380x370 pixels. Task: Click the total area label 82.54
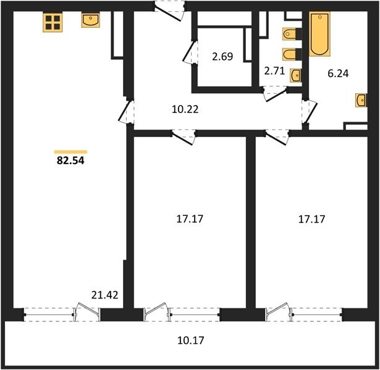coord(70,160)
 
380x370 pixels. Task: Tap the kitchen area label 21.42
coord(104,295)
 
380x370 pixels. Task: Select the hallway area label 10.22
coord(185,109)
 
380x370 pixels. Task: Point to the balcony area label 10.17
coord(191,340)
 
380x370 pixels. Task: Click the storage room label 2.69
coord(222,56)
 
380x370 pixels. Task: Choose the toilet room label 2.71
coord(274,72)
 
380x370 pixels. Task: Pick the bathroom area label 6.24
coord(338,73)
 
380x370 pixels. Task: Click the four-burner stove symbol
coord(53,22)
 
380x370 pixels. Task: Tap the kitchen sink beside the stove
coord(90,20)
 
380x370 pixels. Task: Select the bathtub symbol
coord(319,34)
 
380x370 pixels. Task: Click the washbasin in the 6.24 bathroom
coord(361,100)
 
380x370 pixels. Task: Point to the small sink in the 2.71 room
coord(296,76)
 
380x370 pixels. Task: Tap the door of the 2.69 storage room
coord(190,52)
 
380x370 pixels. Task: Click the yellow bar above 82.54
coord(70,152)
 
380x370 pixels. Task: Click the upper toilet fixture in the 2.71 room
coord(290,34)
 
